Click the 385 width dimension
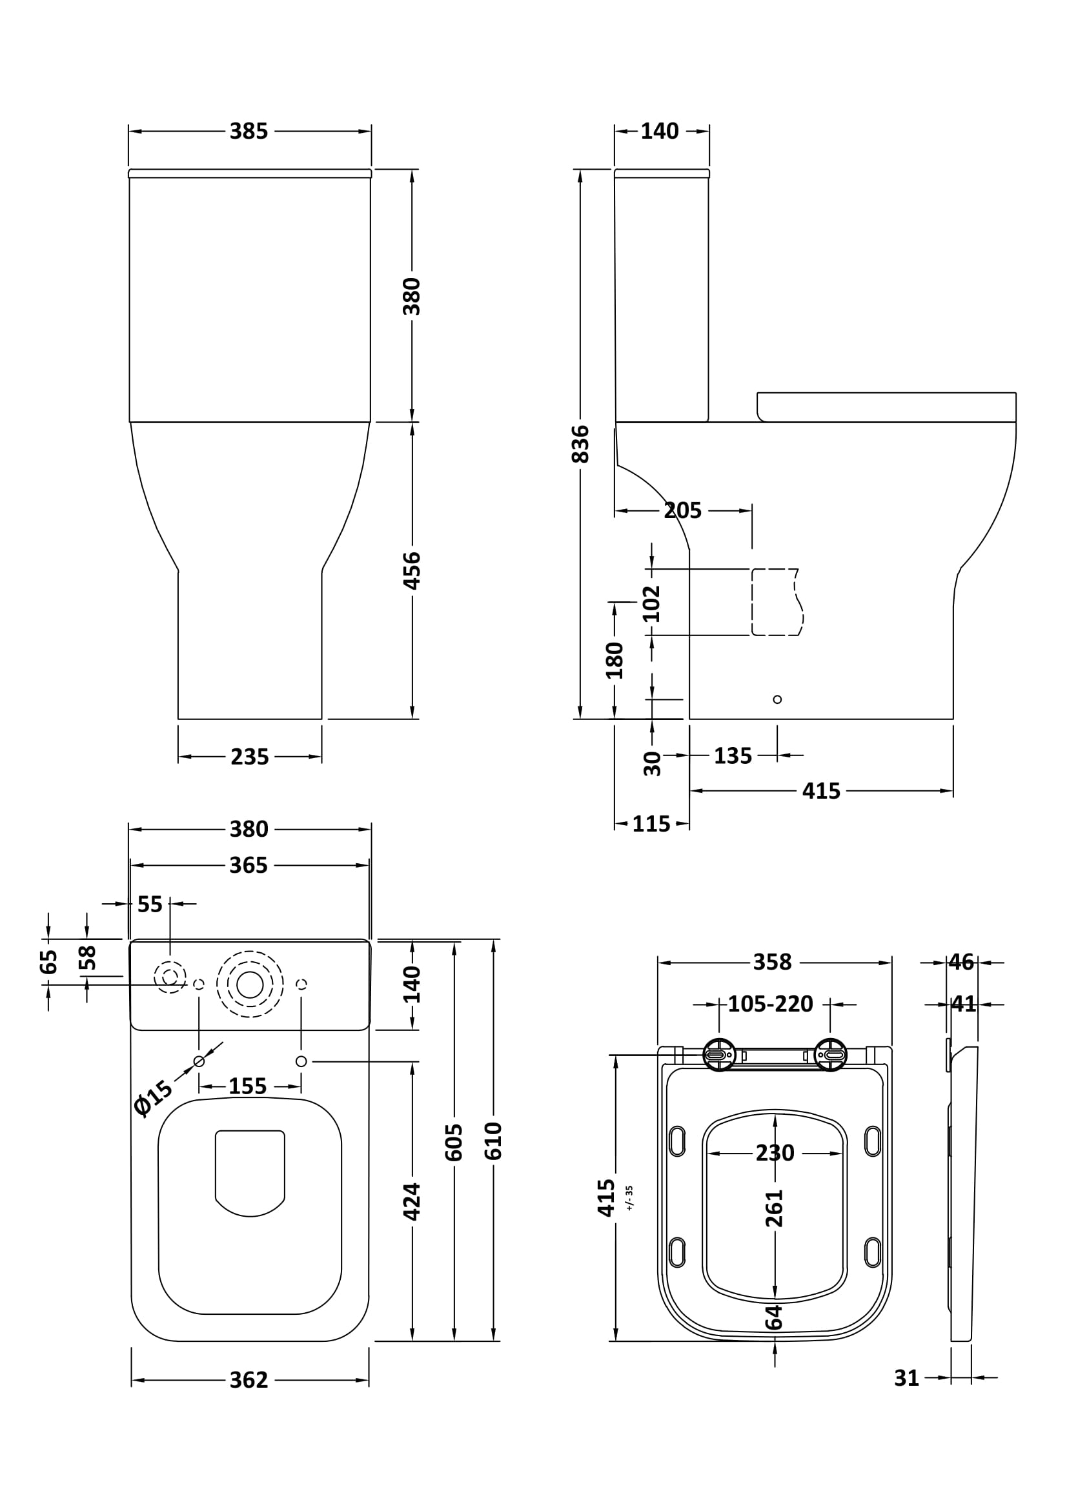(x=249, y=132)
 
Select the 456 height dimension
(x=412, y=570)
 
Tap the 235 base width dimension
(x=250, y=757)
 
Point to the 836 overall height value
(x=580, y=445)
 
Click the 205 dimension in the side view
(x=682, y=511)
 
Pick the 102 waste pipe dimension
(x=651, y=603)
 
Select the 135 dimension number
(x=733, y=756)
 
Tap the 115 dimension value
(x=651, y=824)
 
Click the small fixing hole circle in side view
(x=777, y=699)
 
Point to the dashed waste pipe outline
(x=777, y=602)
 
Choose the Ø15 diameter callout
(x=152, y=1097)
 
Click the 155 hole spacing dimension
(x=248, y=1086)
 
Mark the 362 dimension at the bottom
(x=249, y=1380)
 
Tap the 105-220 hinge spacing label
(x=771, y=1004)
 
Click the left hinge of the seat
(x=719, y=1055)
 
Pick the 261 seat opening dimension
(x=775, y=1208)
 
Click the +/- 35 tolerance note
(x=629, y=1197)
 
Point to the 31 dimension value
(x=906, y=1378)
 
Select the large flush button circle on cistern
(x=250, y=984)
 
